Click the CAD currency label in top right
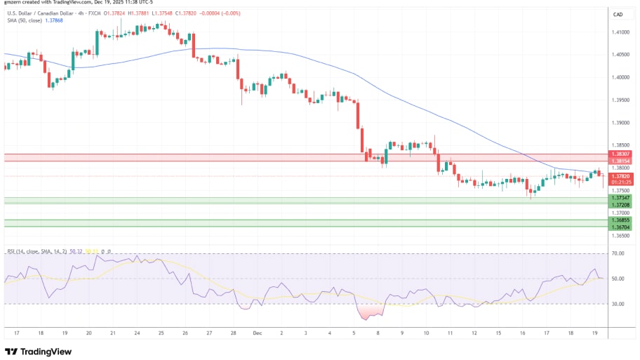pyautogui.click(x=618, y=15)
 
